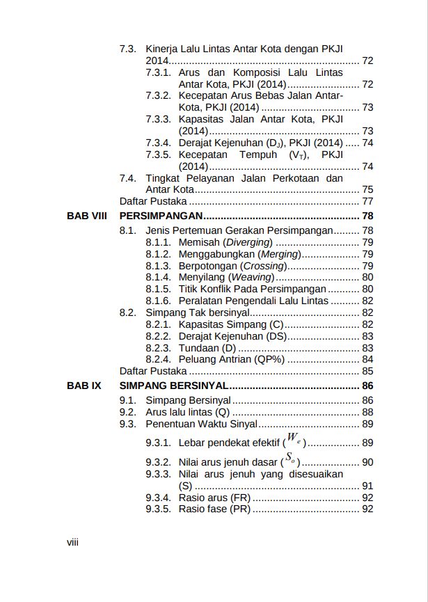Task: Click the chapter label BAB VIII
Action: pos(86,216)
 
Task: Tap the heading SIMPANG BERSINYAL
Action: pos(174,385)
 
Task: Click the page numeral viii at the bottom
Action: pos(72,542)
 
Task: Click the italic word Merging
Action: pos(279,254)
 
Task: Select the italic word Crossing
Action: pos(263,266)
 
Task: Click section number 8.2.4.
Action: pos(158,359)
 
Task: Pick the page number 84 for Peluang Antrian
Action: pos(367,359)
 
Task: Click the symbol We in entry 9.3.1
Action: pos(295,439)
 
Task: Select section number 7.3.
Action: pos(127,49)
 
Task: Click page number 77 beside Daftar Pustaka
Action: pos(367,201)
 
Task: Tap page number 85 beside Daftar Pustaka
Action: pos(367,371)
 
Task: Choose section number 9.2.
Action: pos(127,412)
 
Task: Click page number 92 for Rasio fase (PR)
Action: pos(367,509)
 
